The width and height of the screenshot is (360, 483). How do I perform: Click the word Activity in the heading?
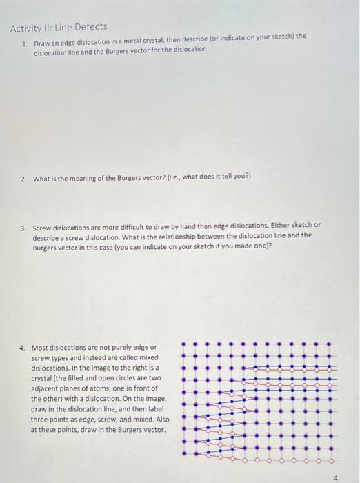[x=27, y=27]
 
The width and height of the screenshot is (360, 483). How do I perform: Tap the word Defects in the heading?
[x=92, y=27]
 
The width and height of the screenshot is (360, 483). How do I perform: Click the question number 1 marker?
[x=24, y=43]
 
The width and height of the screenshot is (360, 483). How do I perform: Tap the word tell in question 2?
[x=214, y=176]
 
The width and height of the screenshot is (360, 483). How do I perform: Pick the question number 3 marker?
[x=23, y=226]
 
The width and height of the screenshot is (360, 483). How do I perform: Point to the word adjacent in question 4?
[x=46, y=388]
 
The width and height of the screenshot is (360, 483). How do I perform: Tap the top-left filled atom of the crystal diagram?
[x=185, y=343]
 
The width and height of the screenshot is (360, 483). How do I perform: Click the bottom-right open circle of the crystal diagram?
[x=332, y=459]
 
